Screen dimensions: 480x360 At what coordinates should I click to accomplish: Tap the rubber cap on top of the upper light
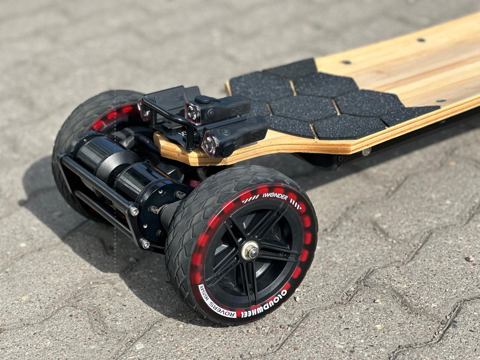[203, 99]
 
